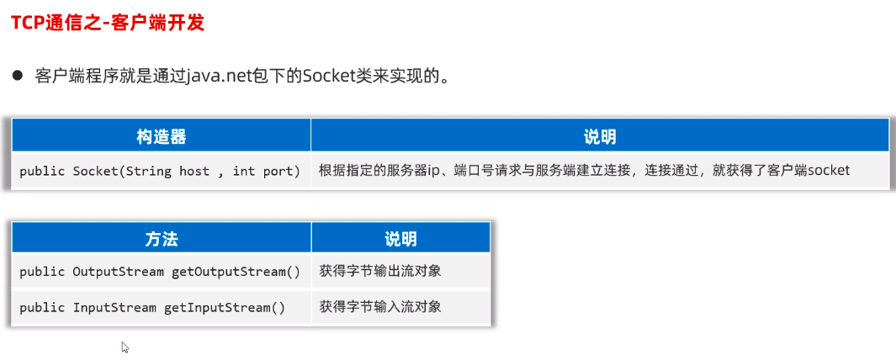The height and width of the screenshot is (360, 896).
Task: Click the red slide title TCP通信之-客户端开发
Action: pyautogui.click(x=108, y=23)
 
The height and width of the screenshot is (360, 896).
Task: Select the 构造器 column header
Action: pyautogui.click(x=161, y=136)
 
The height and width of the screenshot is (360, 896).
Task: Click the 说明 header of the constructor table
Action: pyautogui.click(x=599, y=136)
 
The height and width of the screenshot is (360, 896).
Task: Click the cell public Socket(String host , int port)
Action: pyautogui.click(x=160, y=171)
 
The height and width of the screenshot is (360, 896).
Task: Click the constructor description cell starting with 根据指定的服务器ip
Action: pyautogui.click(x=584, y=171)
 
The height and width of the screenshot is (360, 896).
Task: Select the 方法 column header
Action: pyautogui.click(x=161, y=239)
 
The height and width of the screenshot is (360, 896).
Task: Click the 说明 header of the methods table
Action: pyautogui.click(x=400, y=239)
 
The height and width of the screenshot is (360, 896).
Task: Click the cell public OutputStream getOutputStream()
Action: pyautogui.click(x=160, y=272)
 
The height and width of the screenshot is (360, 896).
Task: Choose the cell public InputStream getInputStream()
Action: pyautogui.click(x=152, y=307)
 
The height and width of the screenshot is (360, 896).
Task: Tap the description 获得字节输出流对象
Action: pyautogui.click(x=380, y=272)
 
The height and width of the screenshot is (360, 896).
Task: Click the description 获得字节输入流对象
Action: pyautogui.click(x=380, y=307)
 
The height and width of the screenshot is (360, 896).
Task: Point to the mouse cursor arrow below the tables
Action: pyautogui.click(x=125, y=347)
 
